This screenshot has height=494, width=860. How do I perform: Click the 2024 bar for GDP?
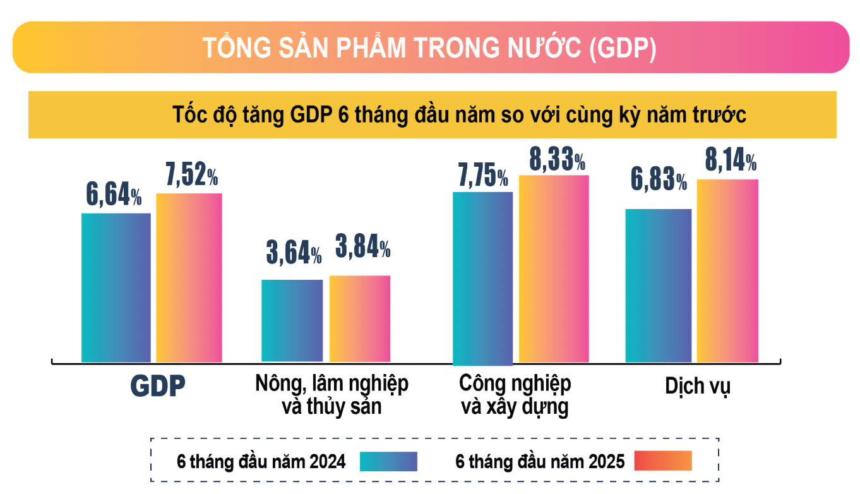[116, 287]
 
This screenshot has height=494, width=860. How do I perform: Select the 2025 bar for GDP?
[189, 277]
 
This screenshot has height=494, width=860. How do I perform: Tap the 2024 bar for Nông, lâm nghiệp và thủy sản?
[292, 320]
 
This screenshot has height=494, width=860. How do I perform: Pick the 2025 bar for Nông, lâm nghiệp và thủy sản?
[360, 318]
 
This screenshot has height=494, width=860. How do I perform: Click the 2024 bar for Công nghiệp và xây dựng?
[483, 278]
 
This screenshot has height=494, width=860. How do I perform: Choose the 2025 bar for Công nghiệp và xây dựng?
[554, 268]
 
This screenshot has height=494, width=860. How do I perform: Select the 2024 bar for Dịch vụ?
[658, 285]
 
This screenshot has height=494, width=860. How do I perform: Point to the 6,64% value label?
[114, 195]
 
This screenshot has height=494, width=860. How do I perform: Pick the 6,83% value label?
[659, 180]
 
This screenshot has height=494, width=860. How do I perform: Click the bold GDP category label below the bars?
[158, 387]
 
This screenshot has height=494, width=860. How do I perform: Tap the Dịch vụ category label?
[697, 386]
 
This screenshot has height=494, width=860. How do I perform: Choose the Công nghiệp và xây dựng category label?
[515, 395]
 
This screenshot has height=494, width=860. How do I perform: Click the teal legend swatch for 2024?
[388, 461]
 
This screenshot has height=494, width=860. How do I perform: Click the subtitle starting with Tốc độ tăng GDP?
[460, 115]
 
